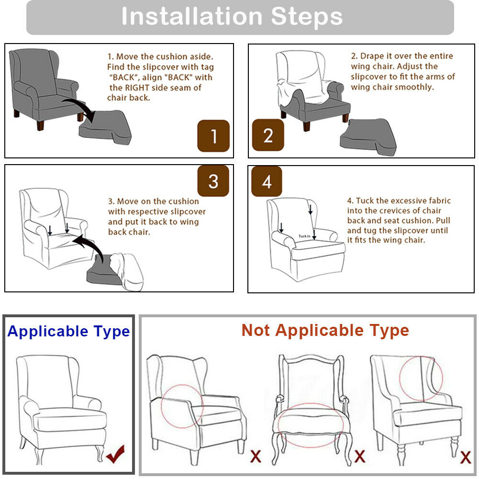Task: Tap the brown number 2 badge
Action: click(x=268, y=135)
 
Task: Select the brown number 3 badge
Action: click(x=213, y=181)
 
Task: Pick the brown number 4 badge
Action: click(x=267, y=181)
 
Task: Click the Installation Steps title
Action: click(x=232, y=17)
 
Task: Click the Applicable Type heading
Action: click(x=68, y=331)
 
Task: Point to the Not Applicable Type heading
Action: click(x=325, y=330)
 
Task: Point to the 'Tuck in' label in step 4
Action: click(x=304, y=236)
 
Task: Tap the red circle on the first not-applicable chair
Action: click(x=182, y=406)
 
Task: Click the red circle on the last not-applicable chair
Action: click(x=421, y=378)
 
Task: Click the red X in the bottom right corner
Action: click(x=465, y=457)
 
